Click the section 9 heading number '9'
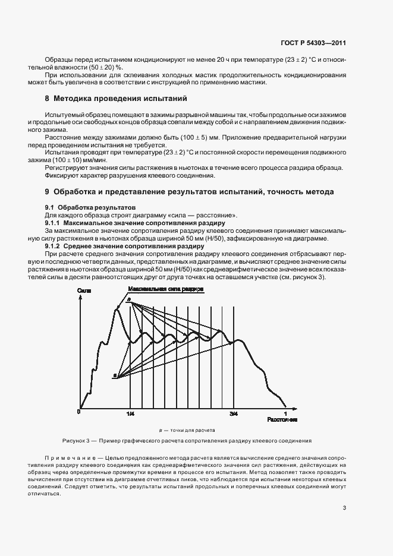pos(47,192)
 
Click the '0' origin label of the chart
pos(79,412)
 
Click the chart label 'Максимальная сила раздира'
pos(165,289)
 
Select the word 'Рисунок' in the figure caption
pos(74,441)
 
